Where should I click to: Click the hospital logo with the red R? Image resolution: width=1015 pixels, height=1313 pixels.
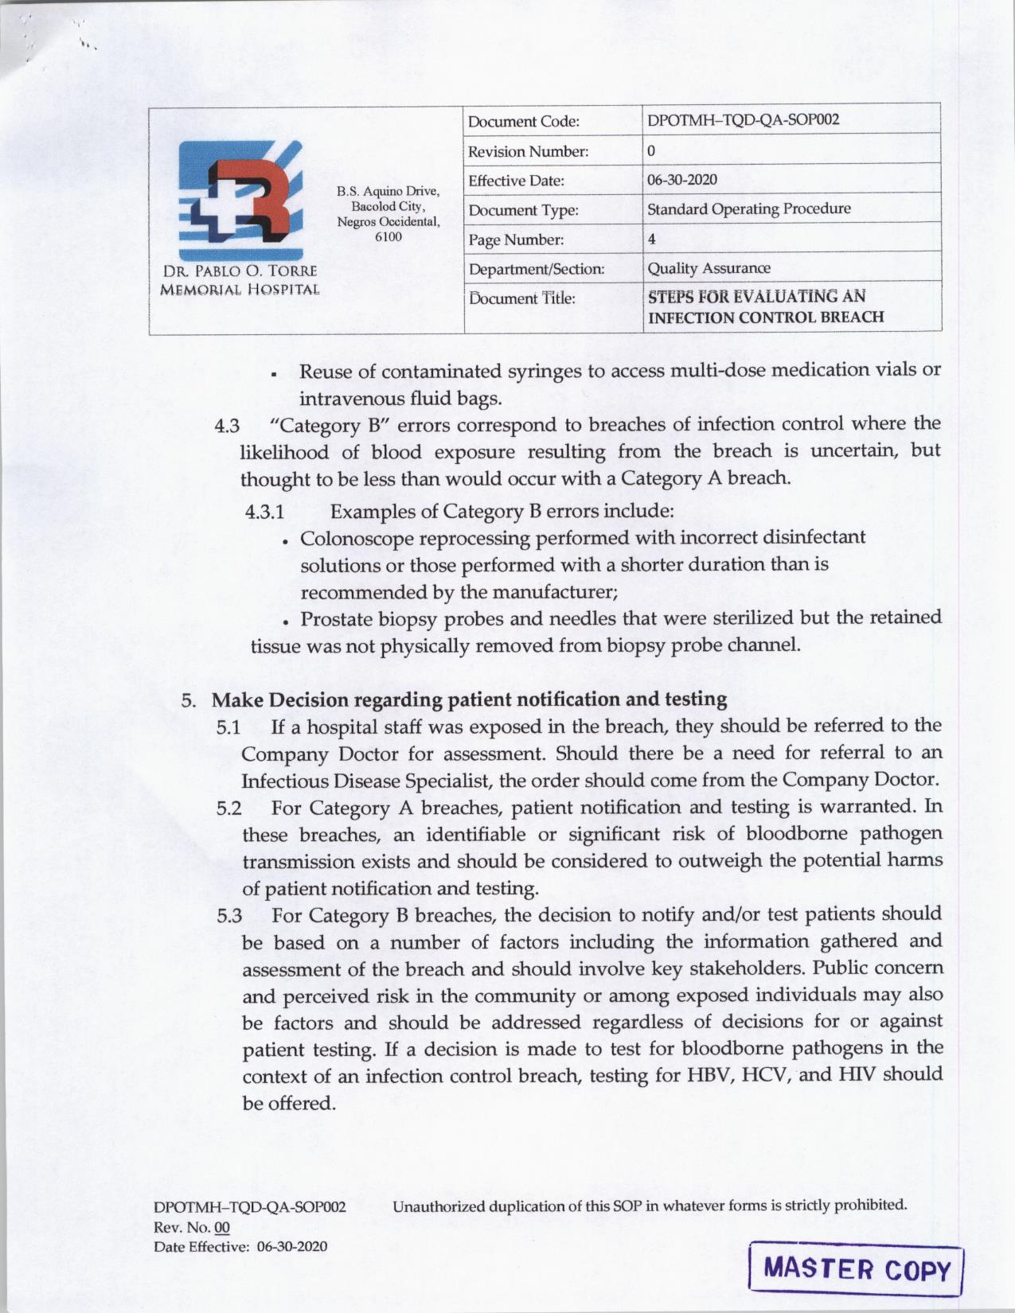point(240,199)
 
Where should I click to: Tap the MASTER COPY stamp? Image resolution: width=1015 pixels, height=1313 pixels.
point(857,1268)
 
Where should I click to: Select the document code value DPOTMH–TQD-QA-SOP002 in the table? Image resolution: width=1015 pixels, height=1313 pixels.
point(743,120)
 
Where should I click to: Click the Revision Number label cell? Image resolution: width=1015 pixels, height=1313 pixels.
point(528,151)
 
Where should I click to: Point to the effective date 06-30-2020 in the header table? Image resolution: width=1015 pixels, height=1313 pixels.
point(681,179)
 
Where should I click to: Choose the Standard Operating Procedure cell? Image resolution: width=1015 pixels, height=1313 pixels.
point(748,208)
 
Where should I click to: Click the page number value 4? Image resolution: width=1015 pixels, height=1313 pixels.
point(651,239)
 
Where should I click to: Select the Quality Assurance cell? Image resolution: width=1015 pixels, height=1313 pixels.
point(709,268)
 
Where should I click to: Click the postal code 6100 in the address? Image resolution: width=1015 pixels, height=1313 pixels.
point(388,236)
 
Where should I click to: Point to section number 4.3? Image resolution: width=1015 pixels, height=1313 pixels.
point(227,427)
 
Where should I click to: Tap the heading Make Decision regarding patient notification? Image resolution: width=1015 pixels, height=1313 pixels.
point(469,699)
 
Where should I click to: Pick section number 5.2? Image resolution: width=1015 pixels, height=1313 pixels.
point(229,809)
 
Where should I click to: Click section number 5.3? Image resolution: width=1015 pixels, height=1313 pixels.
point(229,916)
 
